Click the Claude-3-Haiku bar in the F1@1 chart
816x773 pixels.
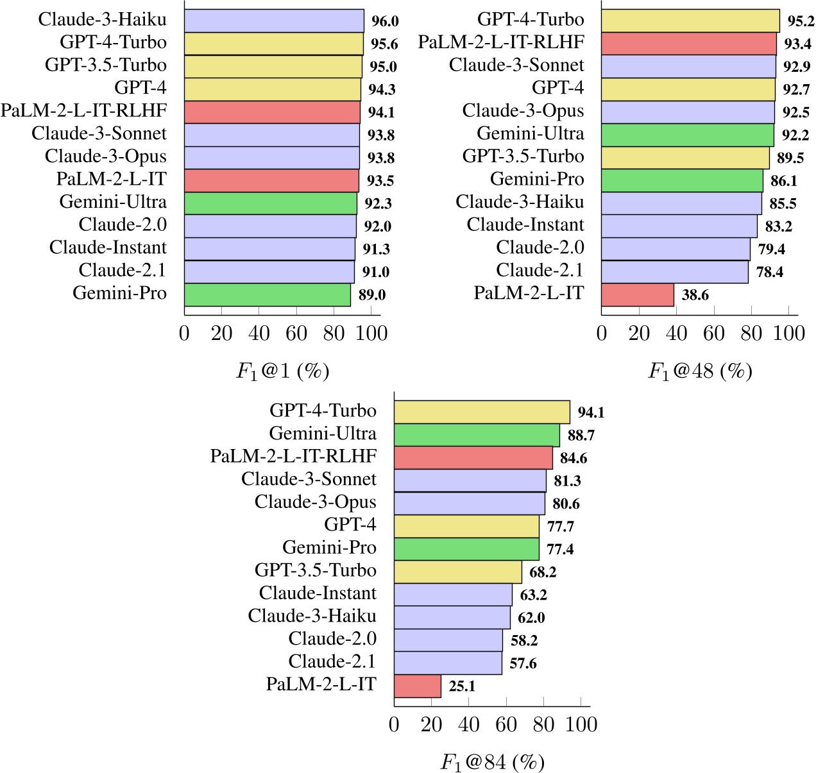(274, 21)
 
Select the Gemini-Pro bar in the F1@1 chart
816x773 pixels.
(268, 294)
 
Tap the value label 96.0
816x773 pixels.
(385, 21)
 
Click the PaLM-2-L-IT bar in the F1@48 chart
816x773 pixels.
(638, 294)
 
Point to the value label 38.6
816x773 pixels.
(695, 295)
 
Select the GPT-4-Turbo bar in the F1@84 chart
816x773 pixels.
(482, 412)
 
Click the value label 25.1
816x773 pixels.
(462, 686)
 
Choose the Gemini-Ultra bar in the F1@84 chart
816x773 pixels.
(477, 435)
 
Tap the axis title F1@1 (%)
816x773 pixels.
(282, 371)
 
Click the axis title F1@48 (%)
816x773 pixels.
(700, 371)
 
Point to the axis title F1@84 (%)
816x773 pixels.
(492, 761)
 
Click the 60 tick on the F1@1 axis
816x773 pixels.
(296, 333)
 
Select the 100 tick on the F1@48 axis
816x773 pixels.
(788, 333)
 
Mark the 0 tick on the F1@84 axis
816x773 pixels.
(394, 724)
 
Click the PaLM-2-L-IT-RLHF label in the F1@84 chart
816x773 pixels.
(293, 456)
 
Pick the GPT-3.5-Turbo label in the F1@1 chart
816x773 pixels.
(106, 65)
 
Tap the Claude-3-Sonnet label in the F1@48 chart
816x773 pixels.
(516, 65)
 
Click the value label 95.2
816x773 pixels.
(801, 21)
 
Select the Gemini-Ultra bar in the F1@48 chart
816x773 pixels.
(688, 135)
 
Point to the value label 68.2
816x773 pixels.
(543, 572)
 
